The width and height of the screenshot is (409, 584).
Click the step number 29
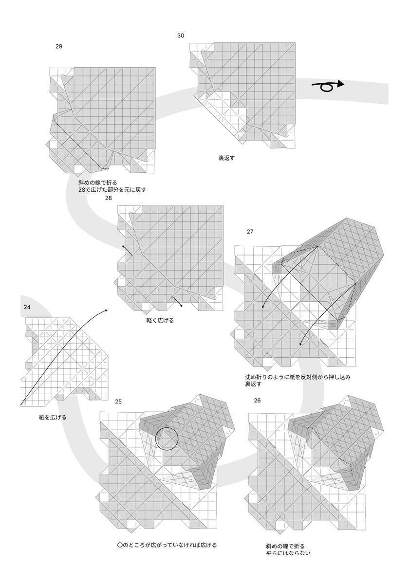59,47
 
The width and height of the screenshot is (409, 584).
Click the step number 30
181,36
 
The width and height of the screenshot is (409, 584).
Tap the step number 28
108,198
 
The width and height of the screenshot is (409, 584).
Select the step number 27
250,232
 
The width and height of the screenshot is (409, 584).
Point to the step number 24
27,307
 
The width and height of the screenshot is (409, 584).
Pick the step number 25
118,401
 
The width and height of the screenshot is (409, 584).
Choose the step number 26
257,401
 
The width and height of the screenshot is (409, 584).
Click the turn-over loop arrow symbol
328,86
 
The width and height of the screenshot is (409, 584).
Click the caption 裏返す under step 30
227,158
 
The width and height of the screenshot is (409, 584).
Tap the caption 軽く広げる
160,320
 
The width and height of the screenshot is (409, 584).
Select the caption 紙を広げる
53,418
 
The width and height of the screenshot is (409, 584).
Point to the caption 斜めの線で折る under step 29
98,182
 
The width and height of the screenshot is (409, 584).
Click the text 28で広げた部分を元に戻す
112,189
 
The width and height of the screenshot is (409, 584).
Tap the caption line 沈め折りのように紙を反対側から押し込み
298,377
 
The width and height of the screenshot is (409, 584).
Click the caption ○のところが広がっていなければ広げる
167,545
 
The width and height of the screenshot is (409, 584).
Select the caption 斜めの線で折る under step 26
285,546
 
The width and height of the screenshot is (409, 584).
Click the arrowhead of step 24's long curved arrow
106,310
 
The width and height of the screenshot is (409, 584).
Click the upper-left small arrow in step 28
127,250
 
